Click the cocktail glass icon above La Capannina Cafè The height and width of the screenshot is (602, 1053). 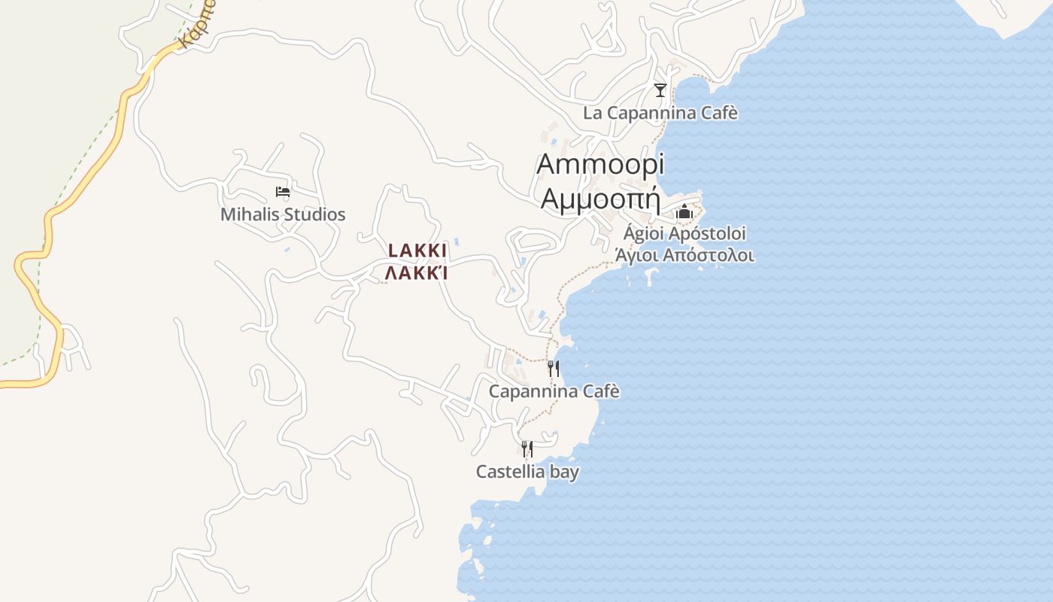point(660,90)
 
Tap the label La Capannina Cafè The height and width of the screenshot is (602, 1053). point(660,113)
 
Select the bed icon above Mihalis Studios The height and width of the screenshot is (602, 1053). point(283,192)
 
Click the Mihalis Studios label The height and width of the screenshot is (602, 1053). point(283,214)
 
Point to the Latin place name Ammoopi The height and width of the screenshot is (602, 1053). point(600,164)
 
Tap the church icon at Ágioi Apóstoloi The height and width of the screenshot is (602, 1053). point(684,211)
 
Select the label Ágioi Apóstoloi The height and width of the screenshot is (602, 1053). point(684,233)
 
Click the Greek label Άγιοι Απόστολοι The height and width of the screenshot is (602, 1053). point(684,255)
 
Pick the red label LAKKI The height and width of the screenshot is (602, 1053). point(417,251)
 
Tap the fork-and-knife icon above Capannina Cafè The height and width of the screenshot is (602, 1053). point(553,369)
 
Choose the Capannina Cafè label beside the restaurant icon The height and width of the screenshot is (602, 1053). point(554,391)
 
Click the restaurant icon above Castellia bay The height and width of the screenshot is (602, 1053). point(527,449)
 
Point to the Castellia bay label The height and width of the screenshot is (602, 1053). point(527,472)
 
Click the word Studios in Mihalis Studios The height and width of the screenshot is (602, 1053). point(311,214)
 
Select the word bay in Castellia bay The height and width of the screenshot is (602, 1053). point(563,472)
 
